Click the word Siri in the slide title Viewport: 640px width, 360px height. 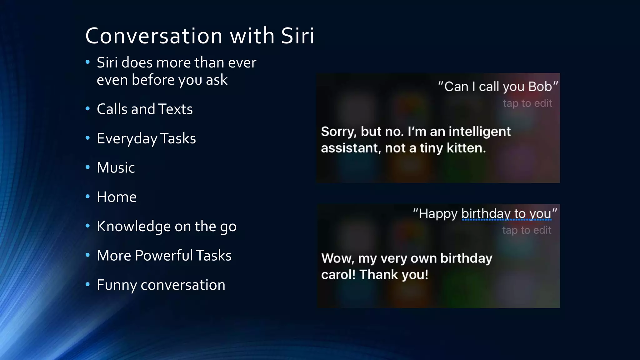[297, 36]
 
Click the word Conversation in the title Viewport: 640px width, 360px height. [154, 36]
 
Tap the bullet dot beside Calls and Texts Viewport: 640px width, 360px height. [88, 109]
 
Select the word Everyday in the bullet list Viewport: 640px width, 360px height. [127, 138]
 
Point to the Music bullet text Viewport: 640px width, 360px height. [116, 168]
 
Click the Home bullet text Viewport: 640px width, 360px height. [117, 197]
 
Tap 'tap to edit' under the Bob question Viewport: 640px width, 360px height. [527, 103]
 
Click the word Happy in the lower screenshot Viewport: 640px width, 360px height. [438, 214]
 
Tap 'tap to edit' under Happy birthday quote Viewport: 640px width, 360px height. [527, 230]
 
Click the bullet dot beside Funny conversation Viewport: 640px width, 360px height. [88, 284]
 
